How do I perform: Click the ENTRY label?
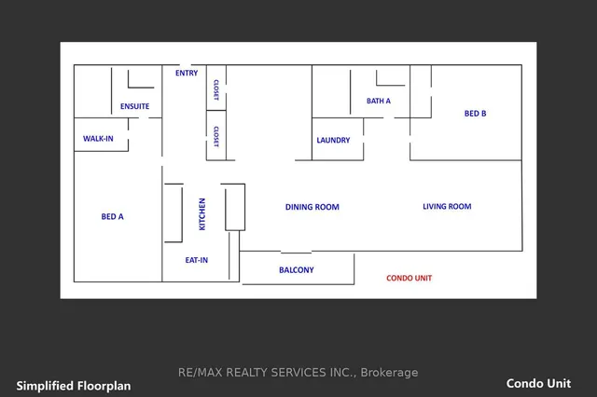click(187, 73)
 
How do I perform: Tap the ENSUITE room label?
click(134, 106)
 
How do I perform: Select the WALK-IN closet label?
click(98, 138)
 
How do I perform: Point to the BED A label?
click(112, 216)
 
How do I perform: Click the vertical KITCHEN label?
click(201, 213)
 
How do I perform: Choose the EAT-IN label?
click(197, 261)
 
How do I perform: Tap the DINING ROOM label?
click(312, 207)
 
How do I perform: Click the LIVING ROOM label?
click(447, 207)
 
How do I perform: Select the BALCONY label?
click(296, 270)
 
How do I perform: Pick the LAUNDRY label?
click(333, 141)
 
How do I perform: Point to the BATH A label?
click(379, 101)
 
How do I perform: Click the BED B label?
click(476, 114)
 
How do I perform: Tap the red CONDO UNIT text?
click(410, 278)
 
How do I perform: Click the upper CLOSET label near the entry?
click(215, 89)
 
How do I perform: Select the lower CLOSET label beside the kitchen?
click(215, 137)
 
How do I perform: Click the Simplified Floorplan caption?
click(74, 385)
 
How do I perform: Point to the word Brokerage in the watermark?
click(390, 373)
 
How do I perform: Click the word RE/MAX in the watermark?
click(198, 373)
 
